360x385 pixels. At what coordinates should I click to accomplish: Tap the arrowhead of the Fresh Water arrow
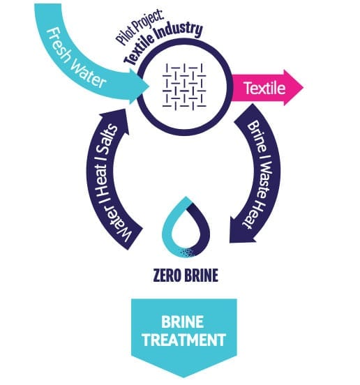(x=139, y=85)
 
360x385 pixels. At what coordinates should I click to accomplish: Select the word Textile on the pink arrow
(x=264, y=88)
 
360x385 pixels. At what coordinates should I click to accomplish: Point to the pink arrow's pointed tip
(x=303, y=87)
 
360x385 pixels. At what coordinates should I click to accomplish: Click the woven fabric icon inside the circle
(x=184, y=86)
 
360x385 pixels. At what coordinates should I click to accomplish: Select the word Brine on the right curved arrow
(x=257, y=136)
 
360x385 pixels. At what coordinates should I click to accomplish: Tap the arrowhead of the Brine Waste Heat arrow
(x=242, y=229)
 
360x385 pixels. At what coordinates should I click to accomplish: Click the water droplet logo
(x=186, y=227)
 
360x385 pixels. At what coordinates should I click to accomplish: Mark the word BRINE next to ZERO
(x=201, y=275)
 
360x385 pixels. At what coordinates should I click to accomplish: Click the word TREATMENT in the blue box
(x=184, y=340)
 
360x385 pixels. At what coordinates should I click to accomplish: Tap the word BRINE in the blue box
(x=183, y=322)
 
